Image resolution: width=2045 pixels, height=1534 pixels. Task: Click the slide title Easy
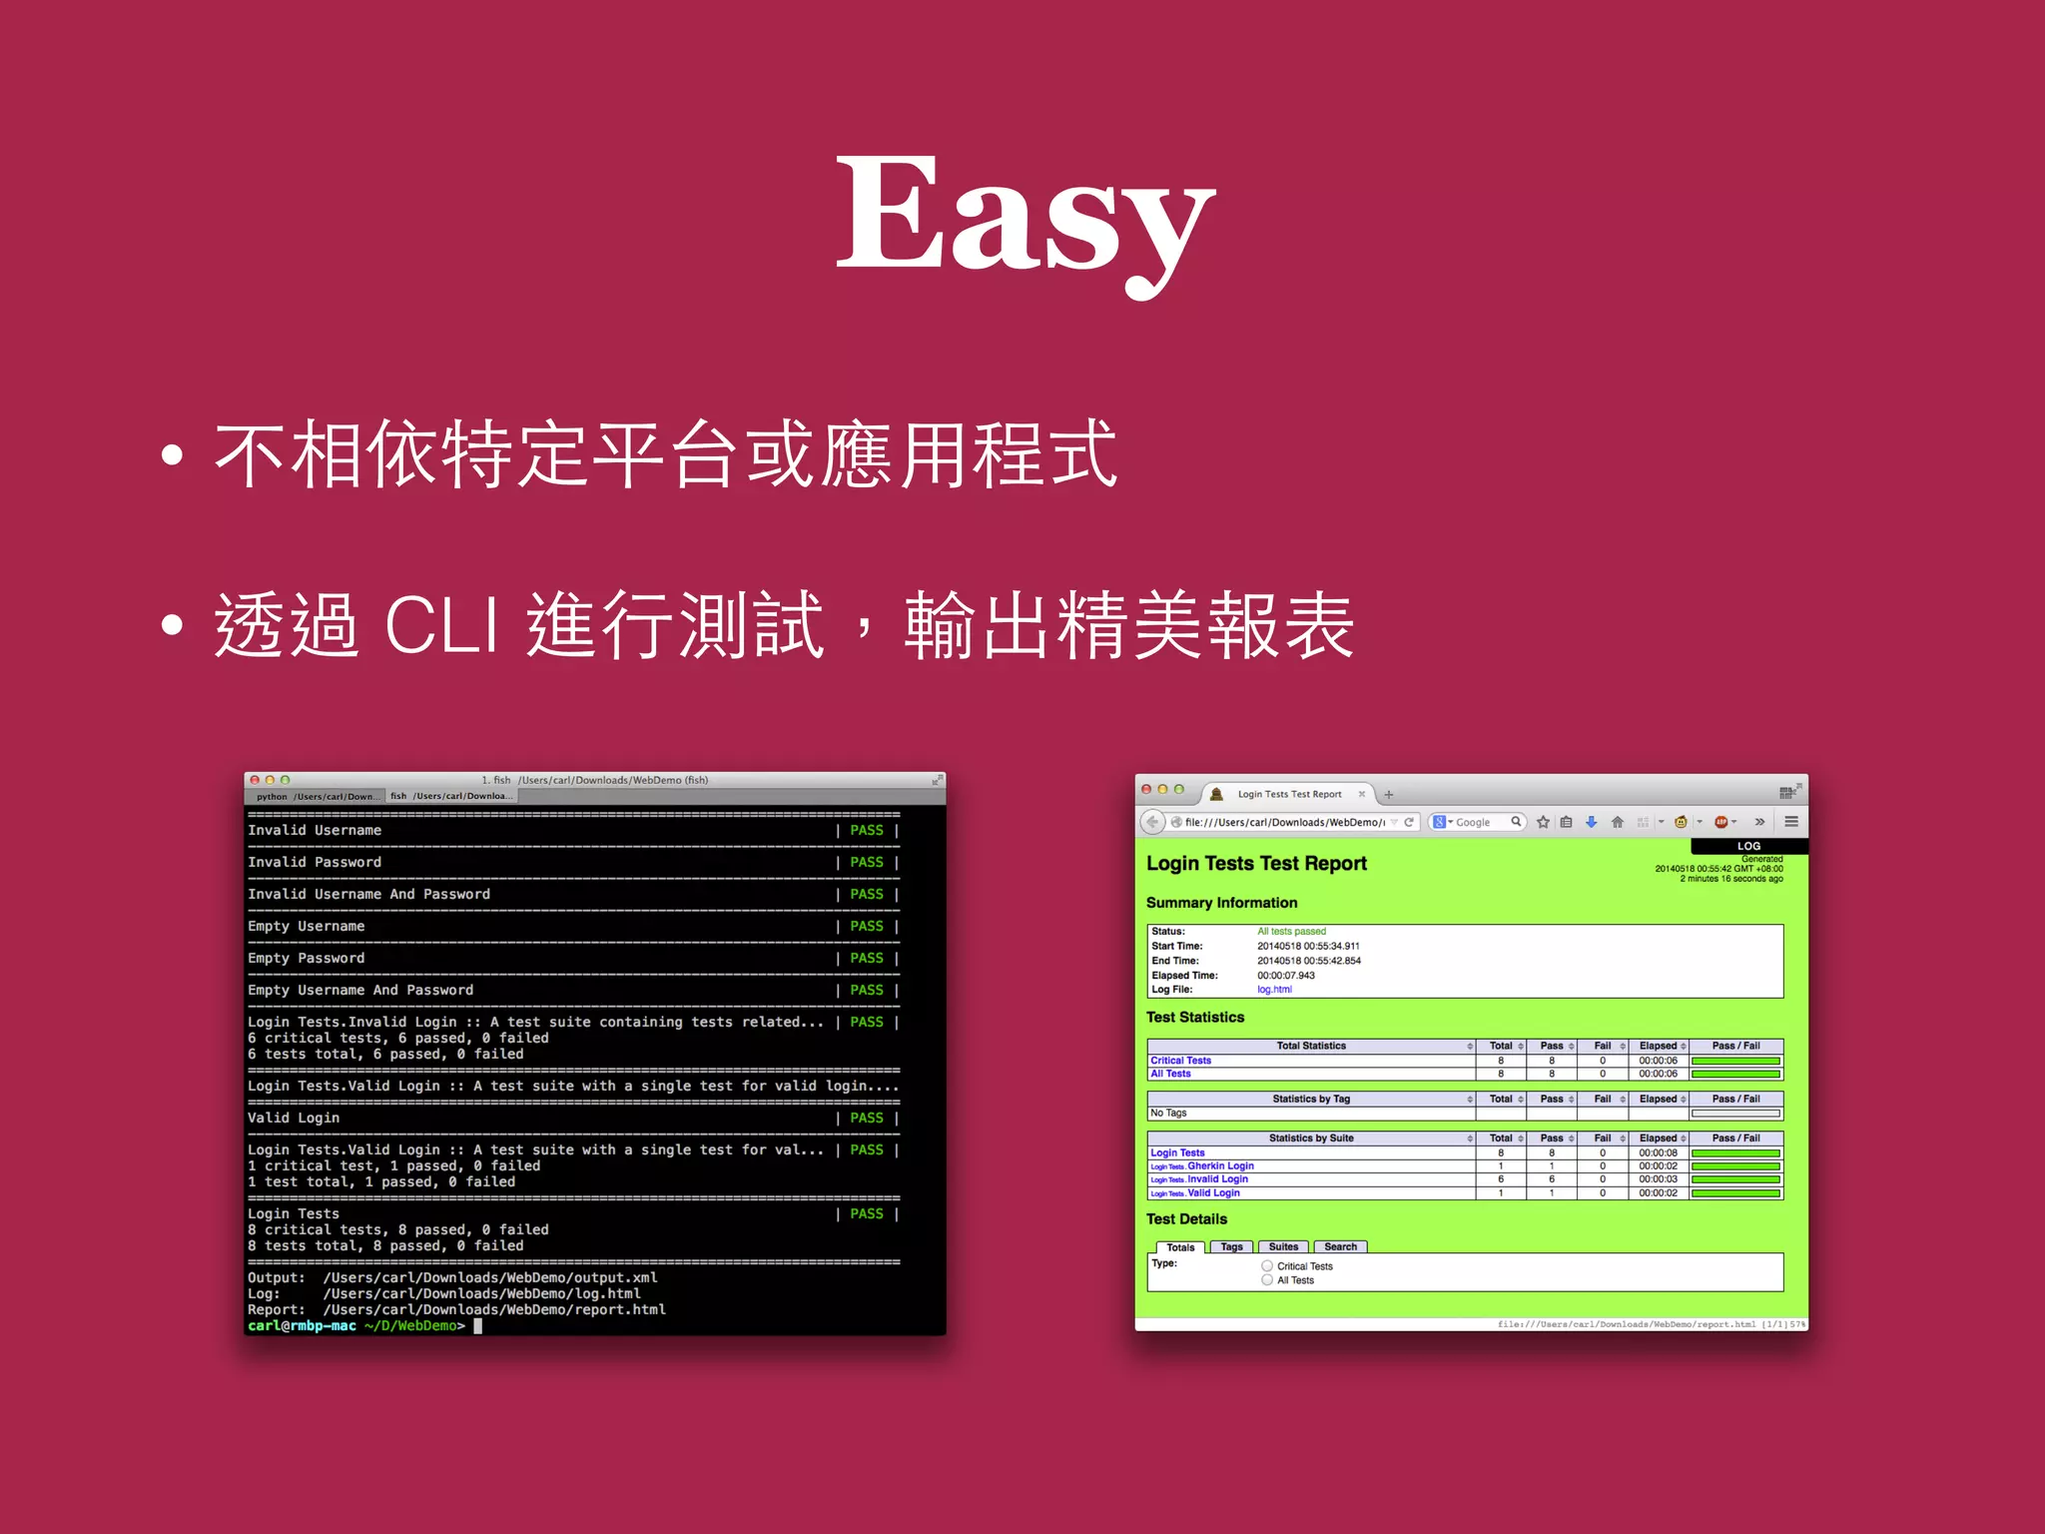click(1025, 215)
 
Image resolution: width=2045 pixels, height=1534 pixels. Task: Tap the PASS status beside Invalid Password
click(866, 862)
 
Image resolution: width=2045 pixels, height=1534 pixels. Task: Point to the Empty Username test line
click(307, 926)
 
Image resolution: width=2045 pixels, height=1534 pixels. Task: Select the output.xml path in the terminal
click(489, 1277)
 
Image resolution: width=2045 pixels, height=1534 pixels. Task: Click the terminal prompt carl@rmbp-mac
click(302, 1325)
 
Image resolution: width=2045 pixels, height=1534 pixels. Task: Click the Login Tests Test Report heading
click(1256, 864)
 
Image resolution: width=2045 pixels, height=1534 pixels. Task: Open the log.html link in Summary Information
click(1274, 990)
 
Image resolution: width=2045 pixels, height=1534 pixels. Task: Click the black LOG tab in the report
click(1748, 846)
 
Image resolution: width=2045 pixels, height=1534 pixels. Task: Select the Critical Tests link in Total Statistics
click(1180, 1061)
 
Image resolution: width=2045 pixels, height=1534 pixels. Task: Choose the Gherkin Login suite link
click(1220, 1165)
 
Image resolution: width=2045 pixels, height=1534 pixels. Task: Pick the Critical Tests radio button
click(1267, 1265)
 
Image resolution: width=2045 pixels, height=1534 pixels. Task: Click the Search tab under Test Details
click(1340, 1246)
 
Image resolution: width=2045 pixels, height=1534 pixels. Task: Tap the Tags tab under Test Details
click(1231, 1246)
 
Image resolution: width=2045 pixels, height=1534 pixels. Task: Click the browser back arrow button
click(1153, 822)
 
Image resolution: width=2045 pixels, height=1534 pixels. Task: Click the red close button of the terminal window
click(255, 780)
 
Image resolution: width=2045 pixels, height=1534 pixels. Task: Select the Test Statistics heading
click(1195, 1018)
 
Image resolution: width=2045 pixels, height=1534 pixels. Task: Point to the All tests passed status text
click(1291, 931)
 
